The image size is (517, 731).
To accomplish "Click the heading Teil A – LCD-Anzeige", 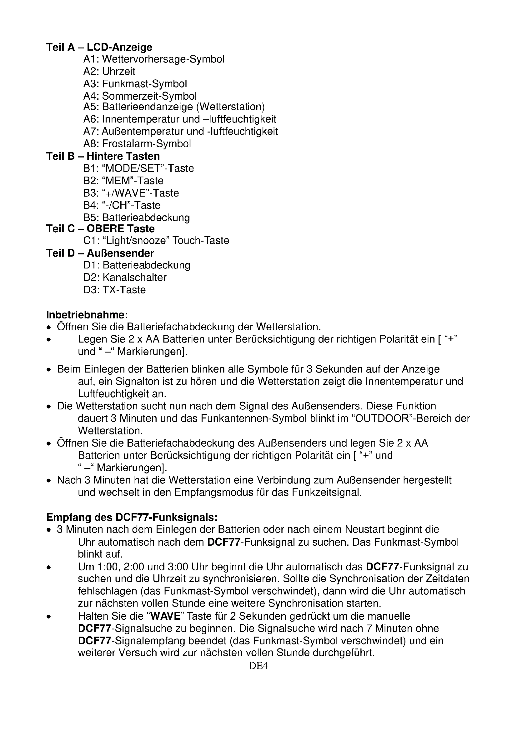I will pos(99,48).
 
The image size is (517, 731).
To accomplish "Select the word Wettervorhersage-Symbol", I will pos(163,59).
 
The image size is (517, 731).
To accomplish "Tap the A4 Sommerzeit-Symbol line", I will pos(140,96).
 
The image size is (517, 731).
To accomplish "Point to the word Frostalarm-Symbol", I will pos(146,144).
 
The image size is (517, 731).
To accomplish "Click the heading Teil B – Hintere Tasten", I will pos(103,156).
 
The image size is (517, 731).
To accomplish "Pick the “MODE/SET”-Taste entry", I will pos(148,168).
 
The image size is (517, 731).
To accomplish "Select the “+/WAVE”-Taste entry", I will pos(140,193).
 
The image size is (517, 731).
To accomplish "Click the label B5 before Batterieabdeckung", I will pos(91,218).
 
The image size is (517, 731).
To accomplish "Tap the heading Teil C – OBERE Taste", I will pos(100,229).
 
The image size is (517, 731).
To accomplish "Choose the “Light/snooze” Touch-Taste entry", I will pos(166,241).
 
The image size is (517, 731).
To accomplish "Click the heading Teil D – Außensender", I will pos(100,253).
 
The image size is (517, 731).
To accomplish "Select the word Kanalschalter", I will pos(134,278).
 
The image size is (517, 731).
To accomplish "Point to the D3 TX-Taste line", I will pos(115,290).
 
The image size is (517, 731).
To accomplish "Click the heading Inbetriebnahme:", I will pos(87,315).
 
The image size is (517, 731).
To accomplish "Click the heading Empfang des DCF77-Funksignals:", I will pos(132,517).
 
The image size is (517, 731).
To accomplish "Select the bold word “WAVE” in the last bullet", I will pos(165,617).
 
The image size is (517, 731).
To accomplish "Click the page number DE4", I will pos(258,666).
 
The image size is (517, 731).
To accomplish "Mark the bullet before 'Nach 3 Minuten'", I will pos(49,481).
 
